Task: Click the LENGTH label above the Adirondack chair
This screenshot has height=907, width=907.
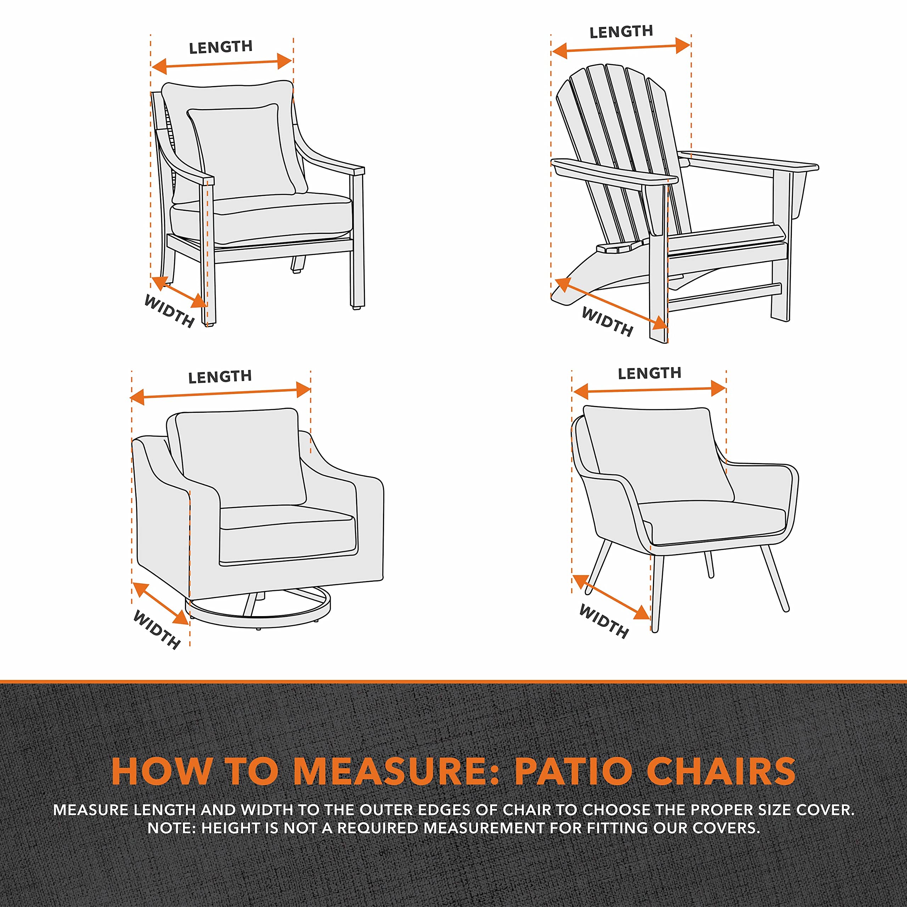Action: (621, 32)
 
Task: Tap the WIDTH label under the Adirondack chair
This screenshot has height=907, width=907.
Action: (607, 322)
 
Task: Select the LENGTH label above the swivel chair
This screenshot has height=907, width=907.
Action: (220, 377)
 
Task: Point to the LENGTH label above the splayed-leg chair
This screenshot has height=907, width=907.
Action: (649, 373)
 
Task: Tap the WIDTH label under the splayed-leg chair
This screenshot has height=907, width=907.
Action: (603, 621)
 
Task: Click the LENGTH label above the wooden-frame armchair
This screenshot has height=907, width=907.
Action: (221, 47)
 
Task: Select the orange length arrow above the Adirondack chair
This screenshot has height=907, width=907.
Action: (621, 48)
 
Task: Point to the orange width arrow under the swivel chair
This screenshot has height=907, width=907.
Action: (161, 604)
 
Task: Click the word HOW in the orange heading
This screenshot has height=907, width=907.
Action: (162, 771)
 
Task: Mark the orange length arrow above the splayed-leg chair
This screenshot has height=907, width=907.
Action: (649, 390)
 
